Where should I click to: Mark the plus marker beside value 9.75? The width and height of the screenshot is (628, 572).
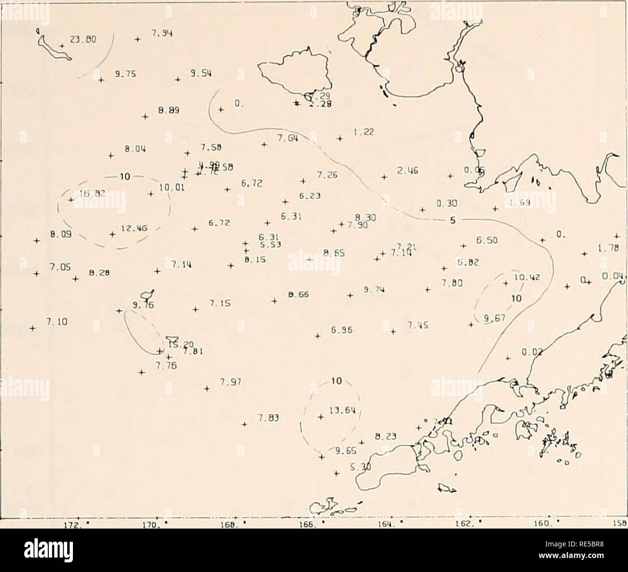(101, 80)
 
